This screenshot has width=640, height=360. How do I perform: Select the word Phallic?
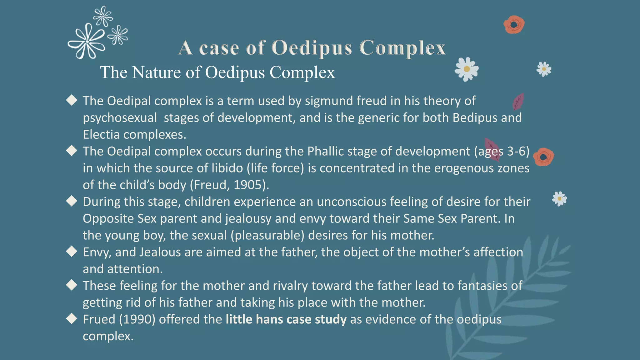(x=325, y=151)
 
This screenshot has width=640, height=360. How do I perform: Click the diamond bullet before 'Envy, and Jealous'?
(x=72, y=252)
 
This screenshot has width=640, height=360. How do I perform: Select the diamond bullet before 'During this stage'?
(x=72, y=201)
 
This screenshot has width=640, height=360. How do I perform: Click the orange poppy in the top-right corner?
(x=514, y=25)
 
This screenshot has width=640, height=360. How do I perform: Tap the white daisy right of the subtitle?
(x=467, y=69)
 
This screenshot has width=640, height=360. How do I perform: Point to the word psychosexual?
(x=120, y=118)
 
